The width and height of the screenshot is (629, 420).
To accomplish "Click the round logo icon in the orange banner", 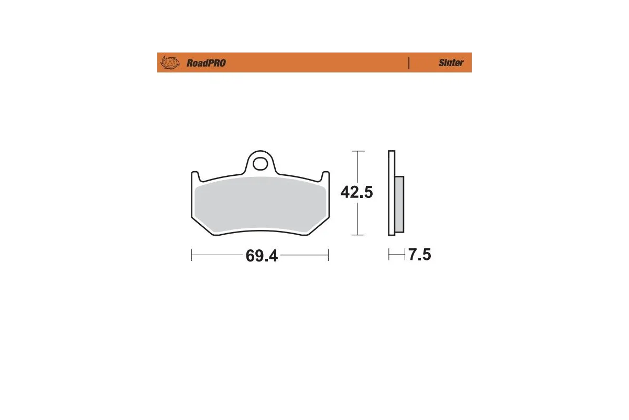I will pyautogui.click(x=169, y=62).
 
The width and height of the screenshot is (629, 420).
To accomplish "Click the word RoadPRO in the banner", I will pyautogui.click(x=206, y=63).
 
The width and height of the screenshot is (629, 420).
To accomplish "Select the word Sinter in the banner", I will pyautogui.click(x=451, y=62).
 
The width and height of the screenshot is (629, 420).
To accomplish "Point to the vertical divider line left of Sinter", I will pyautogui.click(x=408, y=62).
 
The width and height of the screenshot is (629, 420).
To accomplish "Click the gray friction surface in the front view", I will pyautogui.click(x=259, y=205).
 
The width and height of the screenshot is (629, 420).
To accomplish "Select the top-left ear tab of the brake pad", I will pyautogui.click(x=195, y=175).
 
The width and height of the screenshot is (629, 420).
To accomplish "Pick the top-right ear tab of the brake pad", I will pyautogui.click(x=325, y=175).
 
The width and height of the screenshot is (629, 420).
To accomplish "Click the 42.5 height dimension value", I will pyautogui.click(x=356, y=193).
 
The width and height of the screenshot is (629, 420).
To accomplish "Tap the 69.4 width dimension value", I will pyautogui.click(x=261, y=256).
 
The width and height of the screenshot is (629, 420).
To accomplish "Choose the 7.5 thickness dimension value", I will pyautogui.click(x=419, y=255).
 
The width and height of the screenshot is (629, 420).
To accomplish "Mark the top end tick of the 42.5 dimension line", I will pyautogui.click(x=357, y=151).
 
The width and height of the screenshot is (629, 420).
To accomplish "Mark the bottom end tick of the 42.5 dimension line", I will pyautogui.click(x=357, y=235).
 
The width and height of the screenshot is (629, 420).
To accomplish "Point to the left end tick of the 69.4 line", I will pyautogui.click(x=192, y=255).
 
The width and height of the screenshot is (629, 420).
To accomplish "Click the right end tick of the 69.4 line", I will pyautogui.click(x=328, y=255).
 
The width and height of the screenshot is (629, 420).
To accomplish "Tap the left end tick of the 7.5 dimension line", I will pyautogui.click(x=389, y=255).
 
